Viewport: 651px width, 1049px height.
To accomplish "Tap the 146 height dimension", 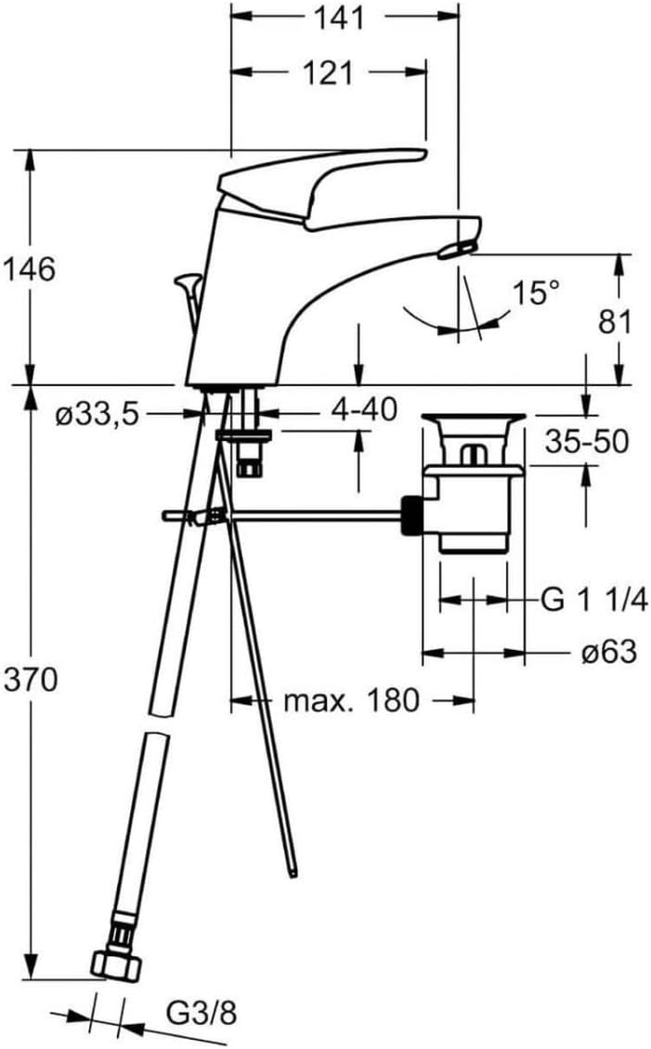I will click(x=28, y=269).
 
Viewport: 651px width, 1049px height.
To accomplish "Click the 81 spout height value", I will click(x=614, y=321).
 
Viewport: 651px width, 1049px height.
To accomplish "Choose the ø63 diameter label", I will click(x=608, y=653).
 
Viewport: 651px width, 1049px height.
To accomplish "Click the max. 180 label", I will click(x=351, y=700).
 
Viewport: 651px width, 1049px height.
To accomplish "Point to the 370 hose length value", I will click(x=30, y=680).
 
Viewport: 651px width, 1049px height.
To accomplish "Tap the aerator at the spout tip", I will click(x=459, y=247).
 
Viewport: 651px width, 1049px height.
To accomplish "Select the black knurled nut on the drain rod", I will click(x=410, y=514).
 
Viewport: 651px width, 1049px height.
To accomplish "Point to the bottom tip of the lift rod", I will click(x=294, y=872).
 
